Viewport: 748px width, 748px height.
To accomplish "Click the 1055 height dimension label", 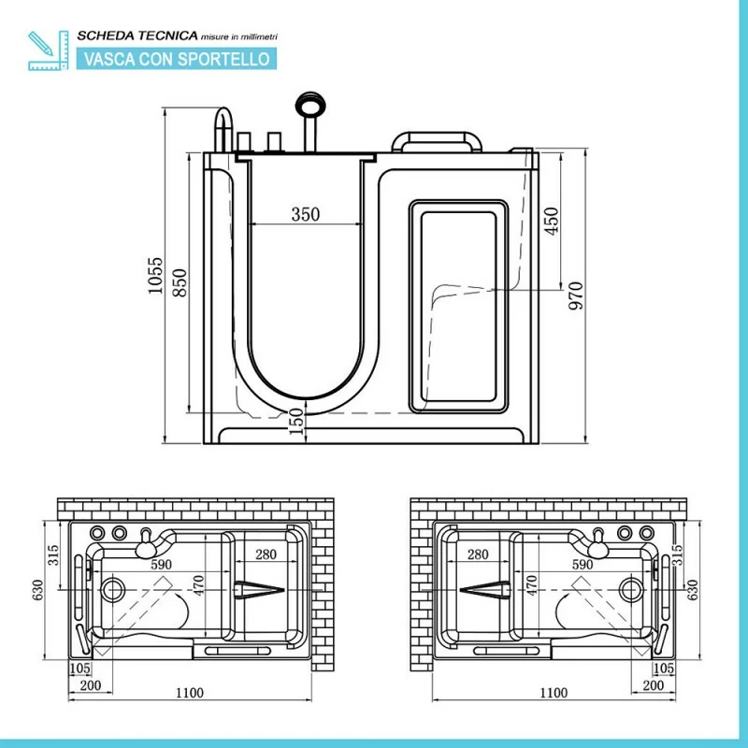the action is [155, 276].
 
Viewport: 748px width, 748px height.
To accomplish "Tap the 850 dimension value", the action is [180, 283].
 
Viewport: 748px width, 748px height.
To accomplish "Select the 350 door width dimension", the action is [306, 214].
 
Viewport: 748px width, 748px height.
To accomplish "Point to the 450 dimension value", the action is [551, 221].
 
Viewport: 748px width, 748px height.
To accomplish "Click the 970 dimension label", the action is [576, 295].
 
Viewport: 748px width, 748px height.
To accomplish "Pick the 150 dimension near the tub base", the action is [296, 422].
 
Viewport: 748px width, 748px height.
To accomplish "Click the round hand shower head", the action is [310, 104].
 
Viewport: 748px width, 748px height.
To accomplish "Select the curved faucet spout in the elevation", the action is [223, 129].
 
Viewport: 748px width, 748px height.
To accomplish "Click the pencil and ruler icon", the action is [49, 50].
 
